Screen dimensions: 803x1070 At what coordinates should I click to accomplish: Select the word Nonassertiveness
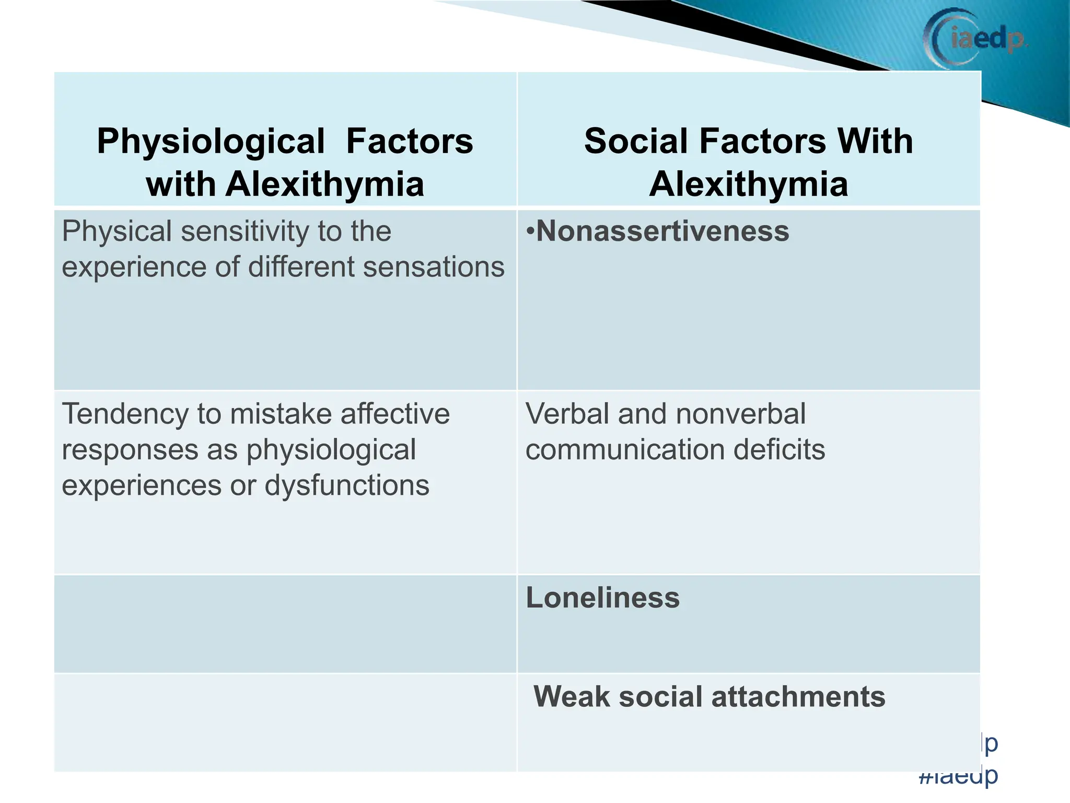click(x=662, y=231)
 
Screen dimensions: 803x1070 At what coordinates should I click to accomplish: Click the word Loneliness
click(x=602, y=598)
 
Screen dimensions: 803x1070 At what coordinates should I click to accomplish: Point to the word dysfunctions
click(x=347, y=486)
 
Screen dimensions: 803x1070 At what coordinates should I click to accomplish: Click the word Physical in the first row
click(x=117, y=231)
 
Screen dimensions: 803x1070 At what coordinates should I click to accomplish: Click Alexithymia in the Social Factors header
click(x=748, y=184)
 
